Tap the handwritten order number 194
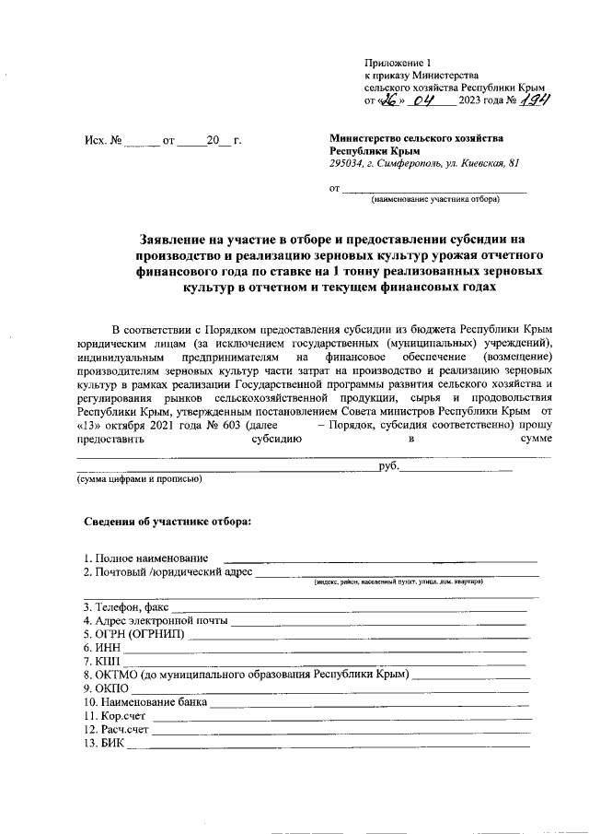coord(534,101)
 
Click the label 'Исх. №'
coord(102,142)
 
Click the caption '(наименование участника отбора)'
coord(435,199)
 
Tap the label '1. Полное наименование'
coord(144,558)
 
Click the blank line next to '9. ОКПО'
coord(322,691)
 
